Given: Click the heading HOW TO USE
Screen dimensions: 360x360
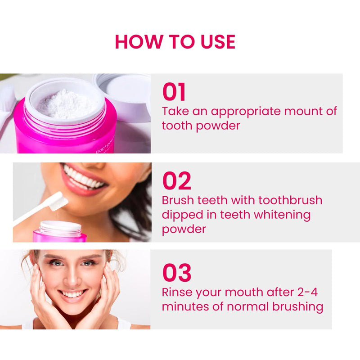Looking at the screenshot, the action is point(175,41).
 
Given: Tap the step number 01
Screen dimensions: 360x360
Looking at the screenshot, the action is point(174,92).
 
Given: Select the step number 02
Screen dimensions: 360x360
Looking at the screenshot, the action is point(176,181).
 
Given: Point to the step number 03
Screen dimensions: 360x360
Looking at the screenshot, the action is point(177,273).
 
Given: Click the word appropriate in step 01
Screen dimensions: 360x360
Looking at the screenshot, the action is point(246,112).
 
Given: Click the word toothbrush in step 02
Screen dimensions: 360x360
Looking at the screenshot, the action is point(290,200).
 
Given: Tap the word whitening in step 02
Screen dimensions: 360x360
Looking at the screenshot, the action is point(283,216).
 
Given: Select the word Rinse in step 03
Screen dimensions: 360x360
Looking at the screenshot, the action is point(176,292).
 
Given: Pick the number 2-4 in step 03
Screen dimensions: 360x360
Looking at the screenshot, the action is point(308,292).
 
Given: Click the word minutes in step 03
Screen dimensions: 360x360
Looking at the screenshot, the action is point(185,307).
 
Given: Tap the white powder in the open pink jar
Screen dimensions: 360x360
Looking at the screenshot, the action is point(67,104).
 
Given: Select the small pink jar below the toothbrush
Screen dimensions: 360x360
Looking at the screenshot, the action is point(60,231).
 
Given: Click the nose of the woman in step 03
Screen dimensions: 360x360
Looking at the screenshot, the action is point(72,278).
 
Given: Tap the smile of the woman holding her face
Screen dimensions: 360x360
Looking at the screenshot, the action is point(73,294).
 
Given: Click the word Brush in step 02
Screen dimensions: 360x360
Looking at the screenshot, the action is point(178,200).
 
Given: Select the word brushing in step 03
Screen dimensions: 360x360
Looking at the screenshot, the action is point(298,307).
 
